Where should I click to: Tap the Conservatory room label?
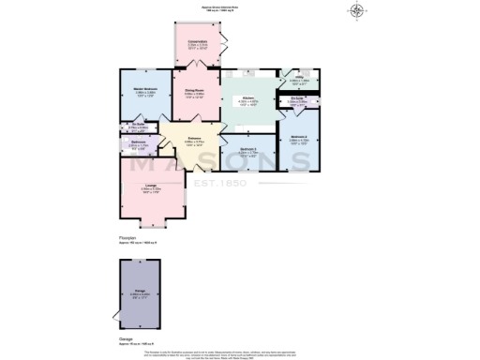(197, 41)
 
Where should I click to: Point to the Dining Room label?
(195, 92)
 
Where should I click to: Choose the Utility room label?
(298, 80)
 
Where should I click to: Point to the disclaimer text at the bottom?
(240, 353)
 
